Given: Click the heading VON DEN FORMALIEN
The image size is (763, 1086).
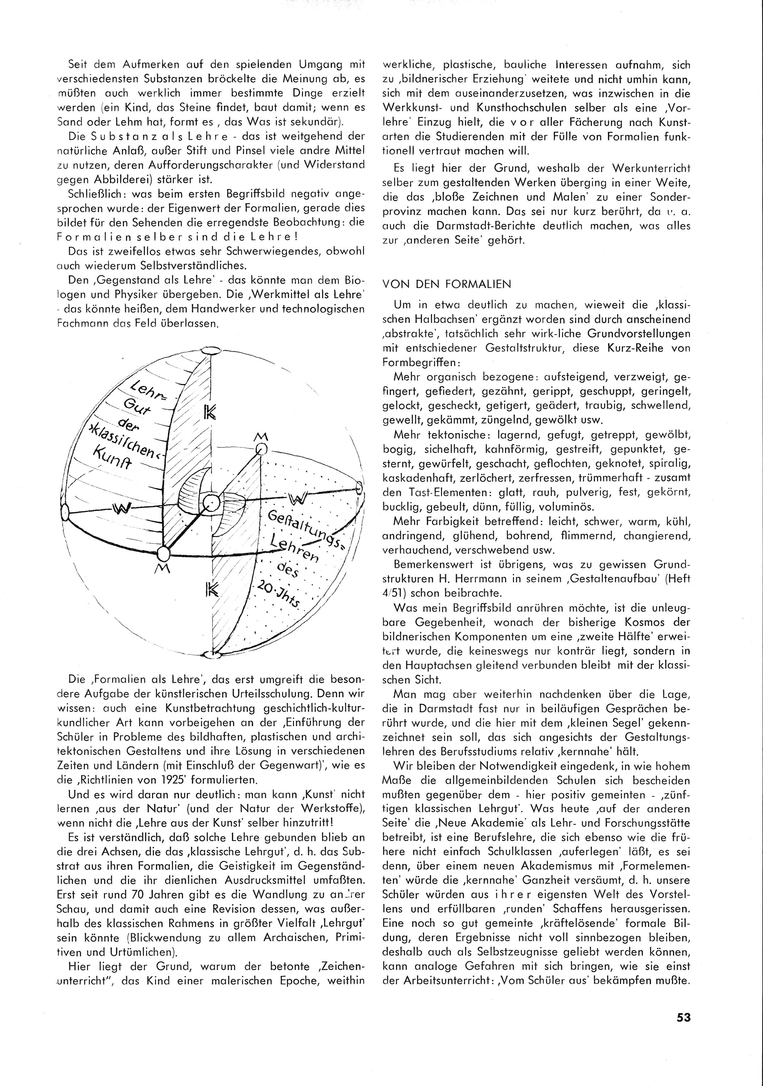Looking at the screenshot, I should tap(446, 284).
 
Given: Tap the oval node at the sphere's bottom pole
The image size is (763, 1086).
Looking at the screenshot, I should tap(208, 655).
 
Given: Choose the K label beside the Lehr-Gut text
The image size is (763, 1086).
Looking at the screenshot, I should tap(209, 412).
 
